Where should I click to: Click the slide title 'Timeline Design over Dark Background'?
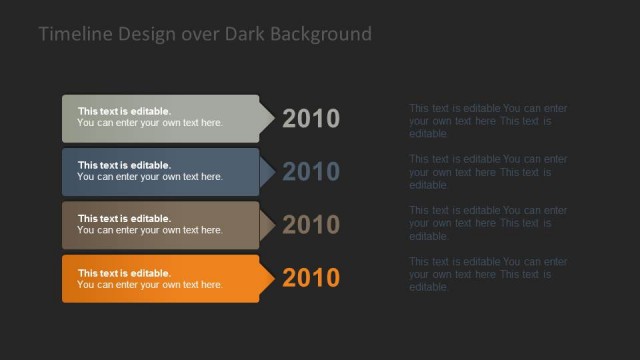(x=205, y=34)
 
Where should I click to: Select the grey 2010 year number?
(x=311, y=119)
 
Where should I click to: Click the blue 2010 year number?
(x=311, y=172)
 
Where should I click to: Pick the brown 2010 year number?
(x=311, y=225)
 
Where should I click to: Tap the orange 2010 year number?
(x=311, y=278)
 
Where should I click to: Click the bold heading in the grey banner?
(x=124, y=111)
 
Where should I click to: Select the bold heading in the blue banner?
(x=124, y=165)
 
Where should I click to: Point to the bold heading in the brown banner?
(x=124, y=218)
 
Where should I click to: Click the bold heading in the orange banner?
(x=124, y=273)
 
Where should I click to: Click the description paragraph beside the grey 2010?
(x=488, y=121)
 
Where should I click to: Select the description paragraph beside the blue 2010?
(x=488, y=172)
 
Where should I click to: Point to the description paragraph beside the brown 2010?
(x=488, y=223)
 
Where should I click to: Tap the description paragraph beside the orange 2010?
(x=488, y=274)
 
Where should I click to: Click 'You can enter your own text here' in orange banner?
(x=150, y=285)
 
